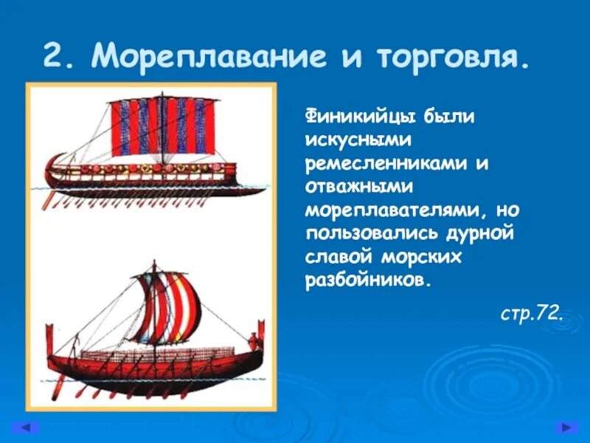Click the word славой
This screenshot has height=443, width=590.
[x=339, y=258]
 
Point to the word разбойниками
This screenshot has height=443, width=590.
[x=366, y=281]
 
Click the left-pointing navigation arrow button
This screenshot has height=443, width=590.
[x=27, y=427]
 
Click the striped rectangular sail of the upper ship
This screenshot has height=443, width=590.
[x=164, y=126]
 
